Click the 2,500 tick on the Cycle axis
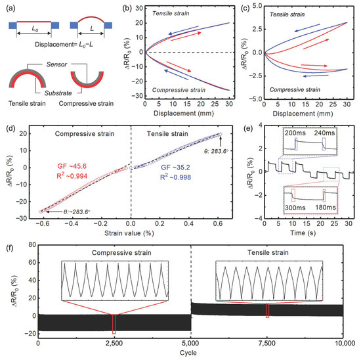[114, 344]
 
